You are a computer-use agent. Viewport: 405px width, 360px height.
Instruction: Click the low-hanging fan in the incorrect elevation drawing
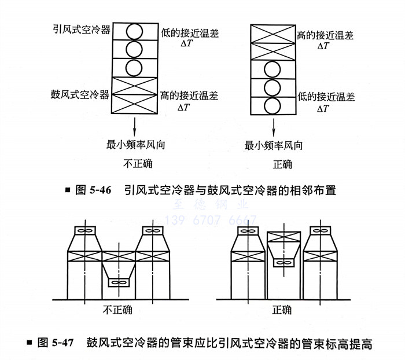tap(119, 282)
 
